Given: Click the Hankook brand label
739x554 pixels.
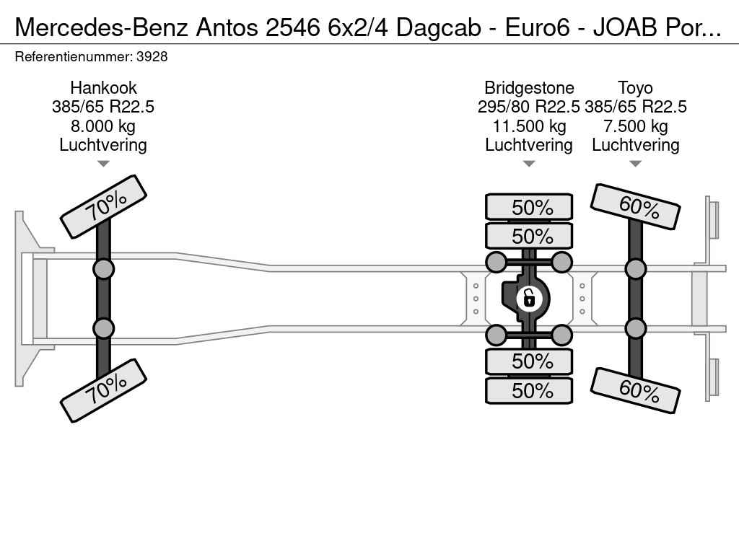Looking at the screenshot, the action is (103, 88).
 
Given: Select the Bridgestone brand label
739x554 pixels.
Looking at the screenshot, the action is (529, 88).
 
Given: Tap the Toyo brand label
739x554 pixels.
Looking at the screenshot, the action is (635, 88).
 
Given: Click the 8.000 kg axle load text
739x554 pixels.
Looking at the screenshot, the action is (103, 126).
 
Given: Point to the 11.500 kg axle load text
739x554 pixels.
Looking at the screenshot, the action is (529, 126).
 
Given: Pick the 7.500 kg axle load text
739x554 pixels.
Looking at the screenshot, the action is (635, 126).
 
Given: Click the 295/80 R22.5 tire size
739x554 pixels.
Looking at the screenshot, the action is (529, 107).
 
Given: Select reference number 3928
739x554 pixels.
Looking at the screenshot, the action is (152, 56).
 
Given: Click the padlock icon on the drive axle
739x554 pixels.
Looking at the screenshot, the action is (529, 298).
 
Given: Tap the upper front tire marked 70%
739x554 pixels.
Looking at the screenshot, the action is (104, 207).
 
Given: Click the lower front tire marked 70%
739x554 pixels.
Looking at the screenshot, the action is (104, 390).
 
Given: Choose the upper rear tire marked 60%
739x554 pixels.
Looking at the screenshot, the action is (635, 206).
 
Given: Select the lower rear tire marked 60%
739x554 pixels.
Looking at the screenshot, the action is (635, 390).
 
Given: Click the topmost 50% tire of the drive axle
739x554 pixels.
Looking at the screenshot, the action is (529, 207).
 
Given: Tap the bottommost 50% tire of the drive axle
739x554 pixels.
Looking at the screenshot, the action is (529, 390).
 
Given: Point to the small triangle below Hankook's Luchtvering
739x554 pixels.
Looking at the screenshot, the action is (103, 164).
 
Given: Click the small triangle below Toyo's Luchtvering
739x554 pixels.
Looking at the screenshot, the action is (635, 164).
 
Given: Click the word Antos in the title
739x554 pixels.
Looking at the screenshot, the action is (227, 28).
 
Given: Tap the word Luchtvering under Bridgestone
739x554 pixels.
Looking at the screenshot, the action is (529, 145).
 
